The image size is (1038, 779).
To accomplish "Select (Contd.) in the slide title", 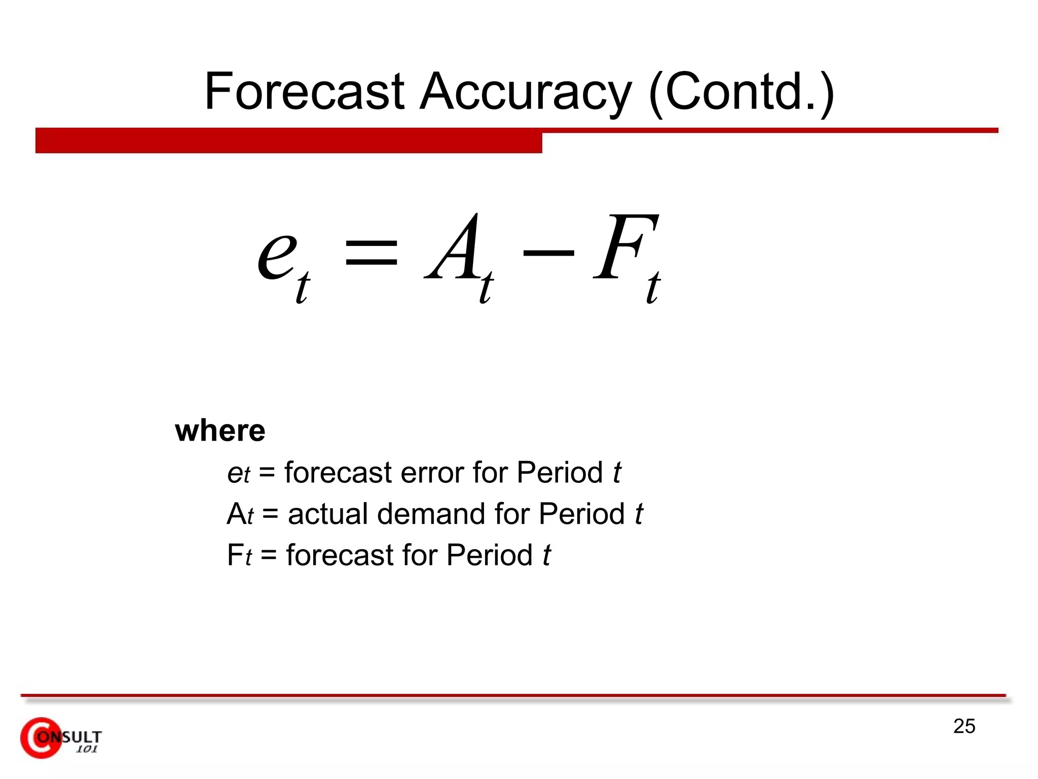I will pos(741,92).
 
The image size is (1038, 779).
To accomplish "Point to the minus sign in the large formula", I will pos(548,252).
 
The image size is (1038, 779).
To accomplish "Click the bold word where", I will pos(220,431).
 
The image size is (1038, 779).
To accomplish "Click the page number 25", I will pos(964,726).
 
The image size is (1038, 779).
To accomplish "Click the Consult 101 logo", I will pos(61,738).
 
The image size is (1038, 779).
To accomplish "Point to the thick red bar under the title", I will pos(288,140).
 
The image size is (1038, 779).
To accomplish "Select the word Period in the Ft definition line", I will pos(489,555).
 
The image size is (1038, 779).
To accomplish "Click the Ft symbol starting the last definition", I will pos(239,555).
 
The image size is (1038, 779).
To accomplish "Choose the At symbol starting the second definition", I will pos(240,514).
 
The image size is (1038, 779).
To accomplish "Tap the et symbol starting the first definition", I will pos(238,474).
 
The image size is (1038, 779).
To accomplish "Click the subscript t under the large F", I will pos(653,288).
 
